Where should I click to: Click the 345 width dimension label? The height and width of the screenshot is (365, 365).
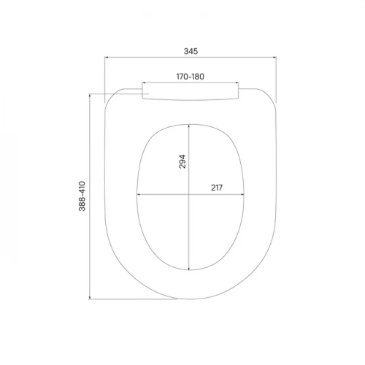tap(191, 51)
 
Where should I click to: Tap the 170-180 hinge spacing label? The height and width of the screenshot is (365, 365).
tap(191, 77)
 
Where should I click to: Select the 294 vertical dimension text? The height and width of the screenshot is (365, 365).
tap(182, 161)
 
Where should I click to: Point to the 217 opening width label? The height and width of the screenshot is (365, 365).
tap(217, 188)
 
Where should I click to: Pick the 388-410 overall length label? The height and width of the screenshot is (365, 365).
tap(82, 196)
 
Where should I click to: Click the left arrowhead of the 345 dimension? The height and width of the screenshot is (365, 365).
tap(107, 58)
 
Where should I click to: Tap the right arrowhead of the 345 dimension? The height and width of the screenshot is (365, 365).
tap(274, 58)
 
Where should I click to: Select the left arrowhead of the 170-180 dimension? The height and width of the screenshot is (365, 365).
tap(144, 82)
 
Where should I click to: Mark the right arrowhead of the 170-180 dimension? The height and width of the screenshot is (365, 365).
tap(237, 82)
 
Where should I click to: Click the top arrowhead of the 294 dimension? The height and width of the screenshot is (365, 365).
tap(189, 126)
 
